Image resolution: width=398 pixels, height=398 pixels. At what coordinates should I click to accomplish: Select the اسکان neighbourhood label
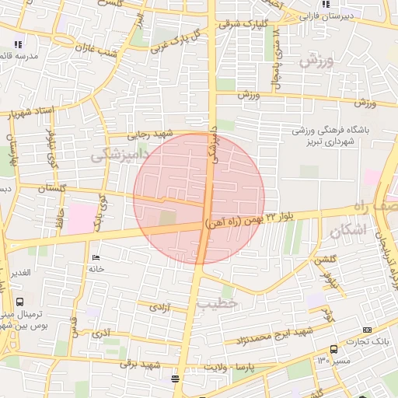coord(345,231)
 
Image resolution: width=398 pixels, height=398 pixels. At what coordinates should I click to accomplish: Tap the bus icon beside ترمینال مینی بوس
coord(19,302)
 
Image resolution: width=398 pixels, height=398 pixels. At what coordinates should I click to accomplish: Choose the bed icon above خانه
coord(96,258)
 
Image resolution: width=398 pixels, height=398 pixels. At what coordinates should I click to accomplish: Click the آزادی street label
coord(159,308)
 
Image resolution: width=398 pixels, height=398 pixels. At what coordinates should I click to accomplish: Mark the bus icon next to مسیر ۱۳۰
coord(333,350)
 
